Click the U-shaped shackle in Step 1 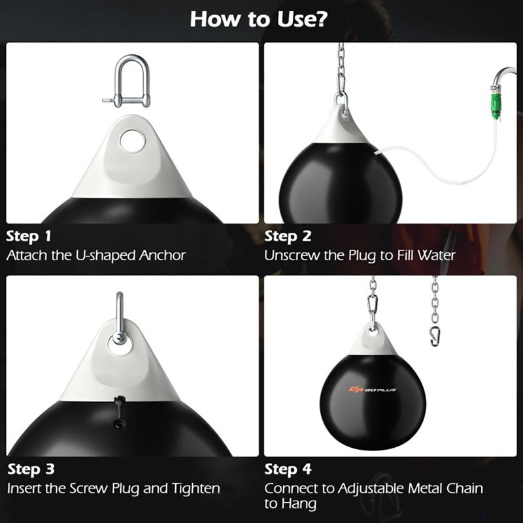pyautogui.click(x=130, y=82)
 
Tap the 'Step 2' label pyautogui.click(x=288, y=236)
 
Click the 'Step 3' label pyautogui.click(x=29, y=469)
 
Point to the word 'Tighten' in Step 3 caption pyautogui.click(x=194, y=488)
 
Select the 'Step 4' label pyautogui.click(x=288, y=469)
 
